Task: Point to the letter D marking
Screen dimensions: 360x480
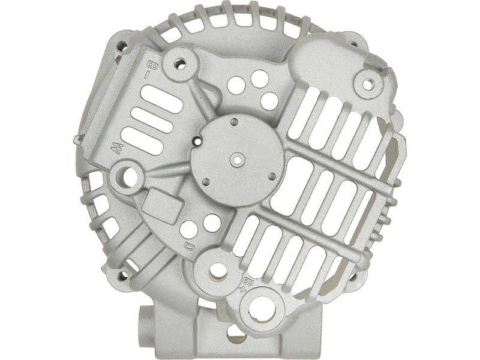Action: [188, 247]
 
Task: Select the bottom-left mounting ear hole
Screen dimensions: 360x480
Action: [124, 276]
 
